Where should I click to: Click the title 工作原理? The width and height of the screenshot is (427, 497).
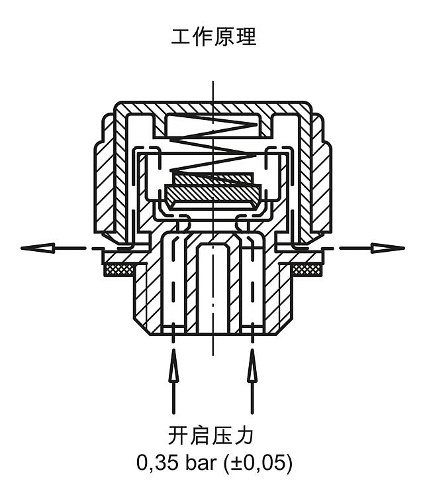(x=213, y=36)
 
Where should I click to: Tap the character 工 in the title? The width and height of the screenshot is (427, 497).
(x=181, y=36)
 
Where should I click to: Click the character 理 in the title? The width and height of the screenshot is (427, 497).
(x=246, y=36)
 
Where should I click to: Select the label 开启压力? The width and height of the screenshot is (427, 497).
(x=211, y=436)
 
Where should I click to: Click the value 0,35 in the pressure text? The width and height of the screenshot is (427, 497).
(x=157, y=463)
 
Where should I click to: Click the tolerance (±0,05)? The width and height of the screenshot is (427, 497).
(x=258, y=463)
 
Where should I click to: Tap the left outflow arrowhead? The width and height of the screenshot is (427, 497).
(x=38, y=248)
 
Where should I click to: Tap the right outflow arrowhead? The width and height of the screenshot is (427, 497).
(x=388, y=248)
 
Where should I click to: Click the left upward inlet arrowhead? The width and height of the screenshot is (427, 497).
(x=173, y=365)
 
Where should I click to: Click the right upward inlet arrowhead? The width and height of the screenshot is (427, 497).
(x=252, y=365)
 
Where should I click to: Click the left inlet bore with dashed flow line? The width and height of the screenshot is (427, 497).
(x=173, y=282)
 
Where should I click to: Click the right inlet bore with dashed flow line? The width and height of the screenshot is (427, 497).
(x=252, y=282)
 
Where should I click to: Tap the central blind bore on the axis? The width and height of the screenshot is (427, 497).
(x=213, y=288)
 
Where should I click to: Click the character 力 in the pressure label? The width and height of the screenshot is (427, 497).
(x=244, y=436)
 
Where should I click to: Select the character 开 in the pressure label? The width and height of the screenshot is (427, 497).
(x=178, y=436)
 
